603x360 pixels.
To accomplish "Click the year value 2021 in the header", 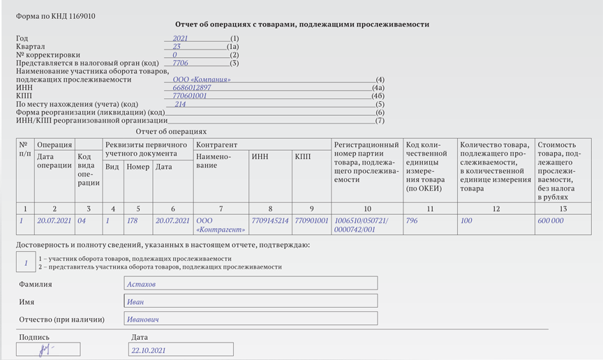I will pos(180,38).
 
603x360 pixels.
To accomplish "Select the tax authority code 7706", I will pos(180,63).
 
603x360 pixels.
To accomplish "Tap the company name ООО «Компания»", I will pos(202,80).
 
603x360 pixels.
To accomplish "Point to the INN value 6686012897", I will pos(192,88).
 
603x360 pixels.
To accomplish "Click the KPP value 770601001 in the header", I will pos(190,96).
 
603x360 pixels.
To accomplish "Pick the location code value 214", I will pos(180,105).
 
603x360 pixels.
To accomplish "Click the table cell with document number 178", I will pos(132,221).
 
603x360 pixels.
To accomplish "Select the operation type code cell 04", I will pos(82,221).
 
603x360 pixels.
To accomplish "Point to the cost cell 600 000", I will pos(551,221).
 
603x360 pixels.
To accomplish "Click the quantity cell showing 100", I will pos(466,221).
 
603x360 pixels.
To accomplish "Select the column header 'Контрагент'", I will pos(216,145).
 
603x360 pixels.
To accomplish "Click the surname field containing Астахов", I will pos(251,283).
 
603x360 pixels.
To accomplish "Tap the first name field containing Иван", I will pos(251,301).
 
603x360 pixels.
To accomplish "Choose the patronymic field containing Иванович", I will pos(251,319).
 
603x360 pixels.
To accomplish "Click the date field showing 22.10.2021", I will pos(181,350).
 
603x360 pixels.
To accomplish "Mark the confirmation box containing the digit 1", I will pos(26,263).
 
